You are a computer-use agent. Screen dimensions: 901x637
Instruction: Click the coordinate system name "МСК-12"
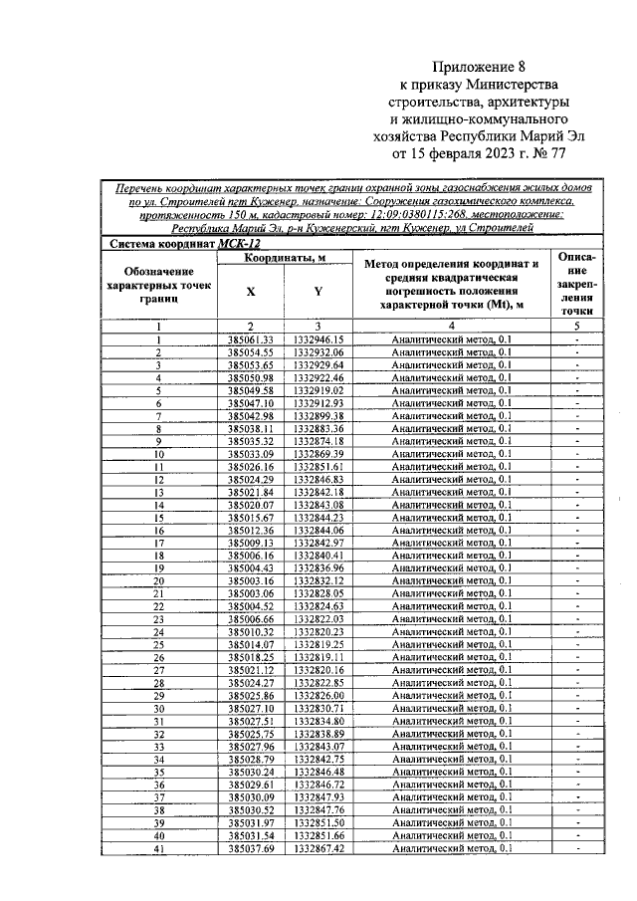tap(246, 242)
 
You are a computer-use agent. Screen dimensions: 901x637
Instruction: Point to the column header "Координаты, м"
tap(286, 258)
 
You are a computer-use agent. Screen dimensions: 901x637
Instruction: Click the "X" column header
tap(250, 292)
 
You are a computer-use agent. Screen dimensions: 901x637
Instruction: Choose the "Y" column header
tap(318, 292)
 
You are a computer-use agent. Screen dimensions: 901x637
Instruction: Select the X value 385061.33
tap(250, 339)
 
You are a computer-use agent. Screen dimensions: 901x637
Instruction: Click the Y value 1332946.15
tap(318, 339)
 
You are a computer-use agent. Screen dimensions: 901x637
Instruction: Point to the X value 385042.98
tap(250, 416)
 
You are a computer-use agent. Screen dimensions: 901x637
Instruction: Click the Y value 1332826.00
tap(318, 695)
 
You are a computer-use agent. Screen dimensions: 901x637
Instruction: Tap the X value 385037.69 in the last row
tap(250, 848)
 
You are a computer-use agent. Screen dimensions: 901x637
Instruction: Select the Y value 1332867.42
tap(318, 848)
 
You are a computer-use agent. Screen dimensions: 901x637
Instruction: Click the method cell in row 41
tap(451, 848)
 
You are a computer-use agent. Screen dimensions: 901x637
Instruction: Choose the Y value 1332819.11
tap(318, 657)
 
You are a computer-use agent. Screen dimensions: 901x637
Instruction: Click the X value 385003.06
tap(250, 593)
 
